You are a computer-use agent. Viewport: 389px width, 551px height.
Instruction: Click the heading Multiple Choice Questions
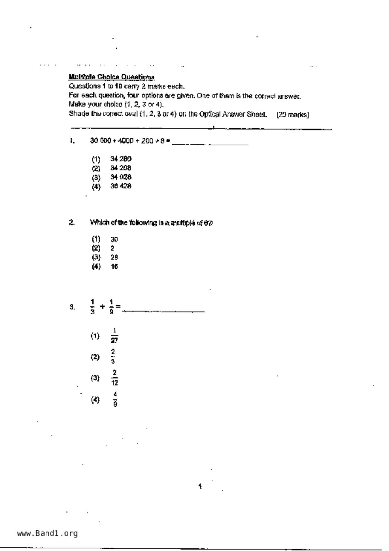(111, 77)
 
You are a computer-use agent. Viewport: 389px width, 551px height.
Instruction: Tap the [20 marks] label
(293, 115)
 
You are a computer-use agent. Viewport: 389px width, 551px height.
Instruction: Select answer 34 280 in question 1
(121, 159)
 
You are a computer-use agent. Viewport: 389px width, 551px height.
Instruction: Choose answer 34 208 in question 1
(121, 168)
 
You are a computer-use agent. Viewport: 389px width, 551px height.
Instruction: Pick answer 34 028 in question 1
(121, 177)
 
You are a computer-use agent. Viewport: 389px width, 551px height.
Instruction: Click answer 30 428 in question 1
(121, 186)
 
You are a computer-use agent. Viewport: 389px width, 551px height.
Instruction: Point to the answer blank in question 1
(210, 144)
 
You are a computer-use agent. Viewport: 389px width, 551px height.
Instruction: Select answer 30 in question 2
(114, 239)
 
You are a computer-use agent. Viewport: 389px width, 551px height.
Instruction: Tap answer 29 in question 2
(114, 258)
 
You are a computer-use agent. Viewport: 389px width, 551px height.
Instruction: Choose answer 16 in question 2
(114, 267)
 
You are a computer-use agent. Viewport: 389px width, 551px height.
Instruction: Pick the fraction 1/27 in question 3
(114, 336)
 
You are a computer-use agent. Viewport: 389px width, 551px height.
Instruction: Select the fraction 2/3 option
(113, 357)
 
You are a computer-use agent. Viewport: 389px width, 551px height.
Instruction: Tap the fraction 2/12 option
(114, 378)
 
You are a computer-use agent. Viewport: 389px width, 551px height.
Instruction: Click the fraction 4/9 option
(115, 399)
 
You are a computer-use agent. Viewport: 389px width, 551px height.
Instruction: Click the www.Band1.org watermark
(47, 533)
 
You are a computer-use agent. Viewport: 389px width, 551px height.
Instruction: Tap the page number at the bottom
(200, 487)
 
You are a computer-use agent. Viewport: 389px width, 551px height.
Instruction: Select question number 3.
(72, 307)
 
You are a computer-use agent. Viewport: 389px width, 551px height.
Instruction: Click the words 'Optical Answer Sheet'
(233, 114)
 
